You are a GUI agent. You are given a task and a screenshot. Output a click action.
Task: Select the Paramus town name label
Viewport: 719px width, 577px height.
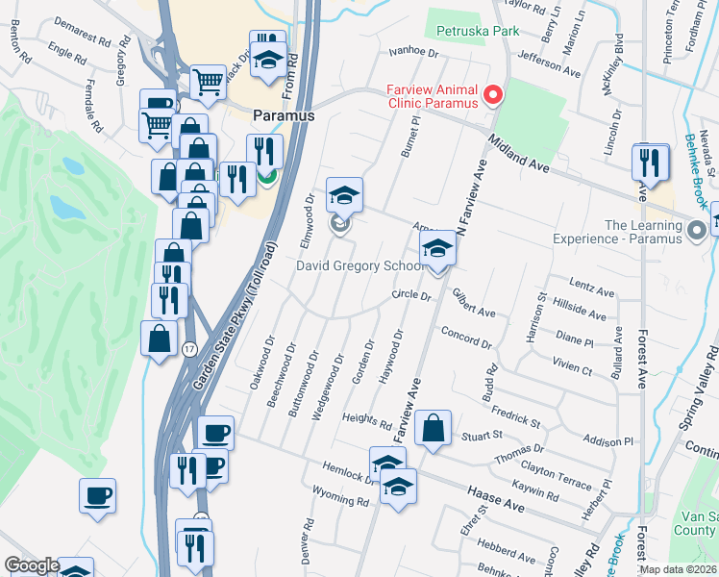coord(284,114)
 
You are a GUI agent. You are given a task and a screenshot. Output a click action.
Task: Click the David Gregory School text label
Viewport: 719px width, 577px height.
coord(358,266)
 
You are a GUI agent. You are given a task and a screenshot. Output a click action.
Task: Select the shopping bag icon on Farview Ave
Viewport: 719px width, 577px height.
coord(434,429)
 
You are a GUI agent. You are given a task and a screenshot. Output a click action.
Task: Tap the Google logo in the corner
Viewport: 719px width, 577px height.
coord(32,566)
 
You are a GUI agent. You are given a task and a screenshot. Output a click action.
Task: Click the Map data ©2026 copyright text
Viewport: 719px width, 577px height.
coord(679,569)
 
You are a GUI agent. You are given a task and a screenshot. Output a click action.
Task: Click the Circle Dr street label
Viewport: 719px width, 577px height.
coord(411,296)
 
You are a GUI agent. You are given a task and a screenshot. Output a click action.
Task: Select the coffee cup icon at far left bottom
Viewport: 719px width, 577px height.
coord(97,496)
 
